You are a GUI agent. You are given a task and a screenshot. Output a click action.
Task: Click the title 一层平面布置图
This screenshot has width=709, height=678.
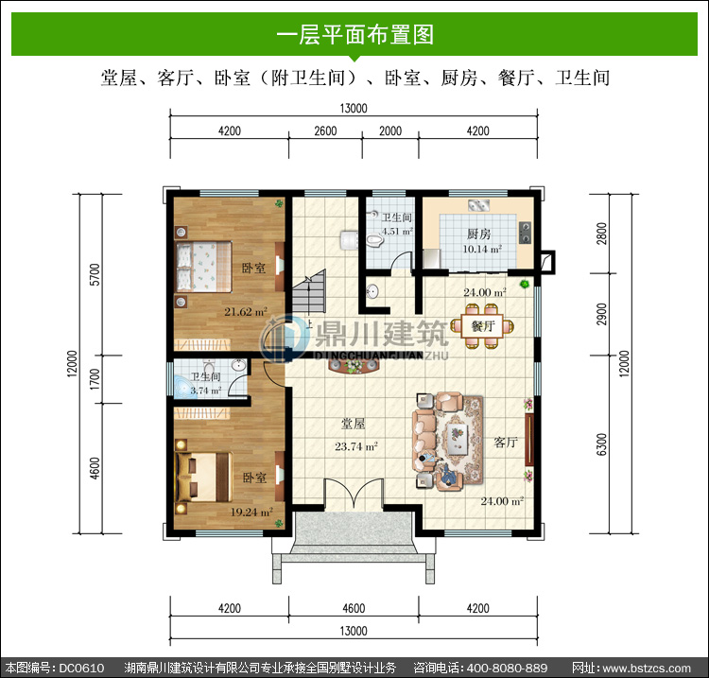[354, 35]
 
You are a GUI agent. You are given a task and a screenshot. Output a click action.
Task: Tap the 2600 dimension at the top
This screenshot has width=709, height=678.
[325, 131]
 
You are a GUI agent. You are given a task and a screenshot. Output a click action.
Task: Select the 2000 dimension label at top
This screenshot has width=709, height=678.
[390, 131]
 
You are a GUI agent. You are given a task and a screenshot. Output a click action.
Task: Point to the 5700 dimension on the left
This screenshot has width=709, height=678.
[95, 274]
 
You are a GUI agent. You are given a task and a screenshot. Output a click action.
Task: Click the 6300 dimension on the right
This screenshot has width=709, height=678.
[601, 444]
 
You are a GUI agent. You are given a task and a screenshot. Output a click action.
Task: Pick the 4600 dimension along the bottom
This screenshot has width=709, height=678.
[354, 608]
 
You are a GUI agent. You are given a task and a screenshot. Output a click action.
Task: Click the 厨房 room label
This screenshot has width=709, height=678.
[479, 234]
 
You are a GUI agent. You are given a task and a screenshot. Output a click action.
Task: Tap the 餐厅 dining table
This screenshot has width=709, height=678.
[483, 326]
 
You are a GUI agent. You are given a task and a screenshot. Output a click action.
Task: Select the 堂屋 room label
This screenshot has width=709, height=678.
[354, 424]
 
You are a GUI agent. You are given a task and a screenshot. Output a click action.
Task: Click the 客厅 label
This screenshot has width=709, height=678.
[506, 442]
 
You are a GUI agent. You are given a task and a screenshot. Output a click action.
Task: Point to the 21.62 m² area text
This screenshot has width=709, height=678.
[246, 312]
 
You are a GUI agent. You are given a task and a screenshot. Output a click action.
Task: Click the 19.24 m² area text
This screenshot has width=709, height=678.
[251, 512]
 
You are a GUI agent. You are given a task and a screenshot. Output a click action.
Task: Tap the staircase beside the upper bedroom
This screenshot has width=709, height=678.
[309, 291]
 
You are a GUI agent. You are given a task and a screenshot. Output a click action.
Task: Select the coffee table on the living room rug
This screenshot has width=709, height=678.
[458, 438]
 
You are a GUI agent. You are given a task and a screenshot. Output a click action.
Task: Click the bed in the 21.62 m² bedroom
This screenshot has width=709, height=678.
[203, 267]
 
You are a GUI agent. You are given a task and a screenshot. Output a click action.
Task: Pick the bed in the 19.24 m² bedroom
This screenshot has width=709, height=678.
[203, 477]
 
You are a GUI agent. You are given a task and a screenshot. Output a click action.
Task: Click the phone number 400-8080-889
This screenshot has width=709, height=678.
[507, 668]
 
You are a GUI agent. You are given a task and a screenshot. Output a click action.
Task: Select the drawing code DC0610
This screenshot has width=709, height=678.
[81, 668]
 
